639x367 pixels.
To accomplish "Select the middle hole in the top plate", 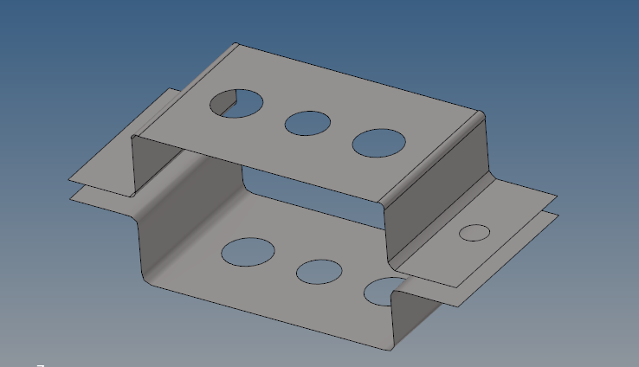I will pos(307,123).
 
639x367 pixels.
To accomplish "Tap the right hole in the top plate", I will pos(379,143).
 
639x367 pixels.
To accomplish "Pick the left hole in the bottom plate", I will pos(248,251).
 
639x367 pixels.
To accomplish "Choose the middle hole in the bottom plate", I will pos(319,272).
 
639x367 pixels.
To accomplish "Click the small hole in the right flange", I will pos(474,232).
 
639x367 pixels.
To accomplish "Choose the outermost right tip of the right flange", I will pos(558,197).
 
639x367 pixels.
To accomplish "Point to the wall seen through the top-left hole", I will pos(227,106).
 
